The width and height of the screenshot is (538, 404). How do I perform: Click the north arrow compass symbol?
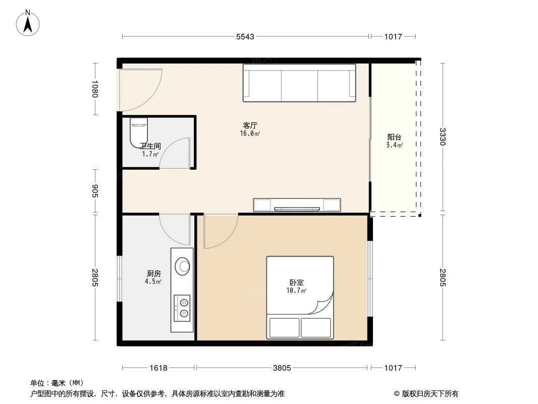click(x=29, y=22)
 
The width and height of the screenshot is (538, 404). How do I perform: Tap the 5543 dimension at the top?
click(x=245, y=36)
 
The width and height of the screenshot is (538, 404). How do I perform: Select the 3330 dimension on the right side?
click(x=443, y=136)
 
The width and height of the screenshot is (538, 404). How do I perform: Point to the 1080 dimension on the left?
click(x=94, y=89)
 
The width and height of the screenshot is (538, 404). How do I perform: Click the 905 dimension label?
click(x=94, y=191)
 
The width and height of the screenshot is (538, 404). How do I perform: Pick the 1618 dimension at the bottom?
click(x=158, y=368)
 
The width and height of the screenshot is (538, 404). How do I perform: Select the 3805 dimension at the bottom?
click(x=282, y=368)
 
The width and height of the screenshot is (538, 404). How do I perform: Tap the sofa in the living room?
click(x=299, y=83)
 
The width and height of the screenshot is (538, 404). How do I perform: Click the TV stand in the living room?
click(x=297, y=205)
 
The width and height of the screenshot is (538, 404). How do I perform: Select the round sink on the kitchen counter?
click(x=182, y=265)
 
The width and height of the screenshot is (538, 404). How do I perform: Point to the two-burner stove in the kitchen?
click(x=182, y=308)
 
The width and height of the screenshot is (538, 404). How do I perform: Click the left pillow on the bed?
click(x=284, y=328)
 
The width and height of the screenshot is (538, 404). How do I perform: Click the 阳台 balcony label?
click(x=394, y=137)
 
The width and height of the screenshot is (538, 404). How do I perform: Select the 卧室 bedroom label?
click(x=296, y=283)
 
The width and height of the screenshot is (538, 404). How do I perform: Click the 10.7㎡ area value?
click(x=297, y=291)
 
